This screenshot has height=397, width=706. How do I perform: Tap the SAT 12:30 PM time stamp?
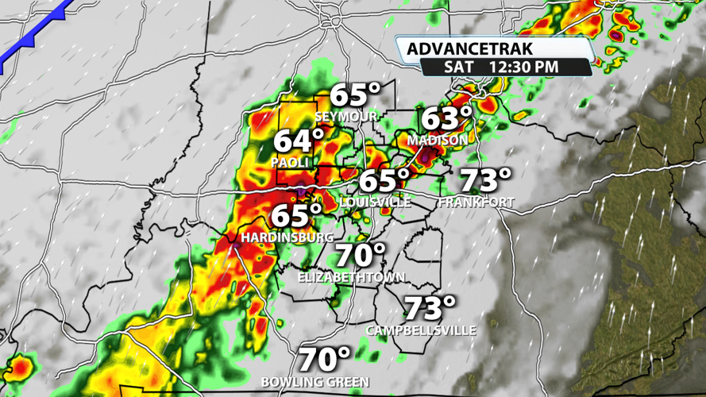click(501, 67)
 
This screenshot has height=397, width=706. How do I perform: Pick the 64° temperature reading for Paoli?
click(299, 141)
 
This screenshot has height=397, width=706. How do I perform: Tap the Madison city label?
click(438, 141)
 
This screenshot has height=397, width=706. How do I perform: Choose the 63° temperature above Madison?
click(446, 119)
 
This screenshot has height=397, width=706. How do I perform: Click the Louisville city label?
click(375, 202)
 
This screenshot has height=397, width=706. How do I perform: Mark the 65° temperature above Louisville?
click(384, 180)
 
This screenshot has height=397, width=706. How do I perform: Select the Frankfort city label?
click(476, 202)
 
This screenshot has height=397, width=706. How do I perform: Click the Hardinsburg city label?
click(288, 237)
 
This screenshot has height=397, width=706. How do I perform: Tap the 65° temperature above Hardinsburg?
click(296, 215)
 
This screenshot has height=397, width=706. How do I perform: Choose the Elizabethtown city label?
click(351, 277)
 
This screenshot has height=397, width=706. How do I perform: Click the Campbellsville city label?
click(421, 330)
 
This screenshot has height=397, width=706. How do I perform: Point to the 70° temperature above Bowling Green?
click(325, 359)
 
